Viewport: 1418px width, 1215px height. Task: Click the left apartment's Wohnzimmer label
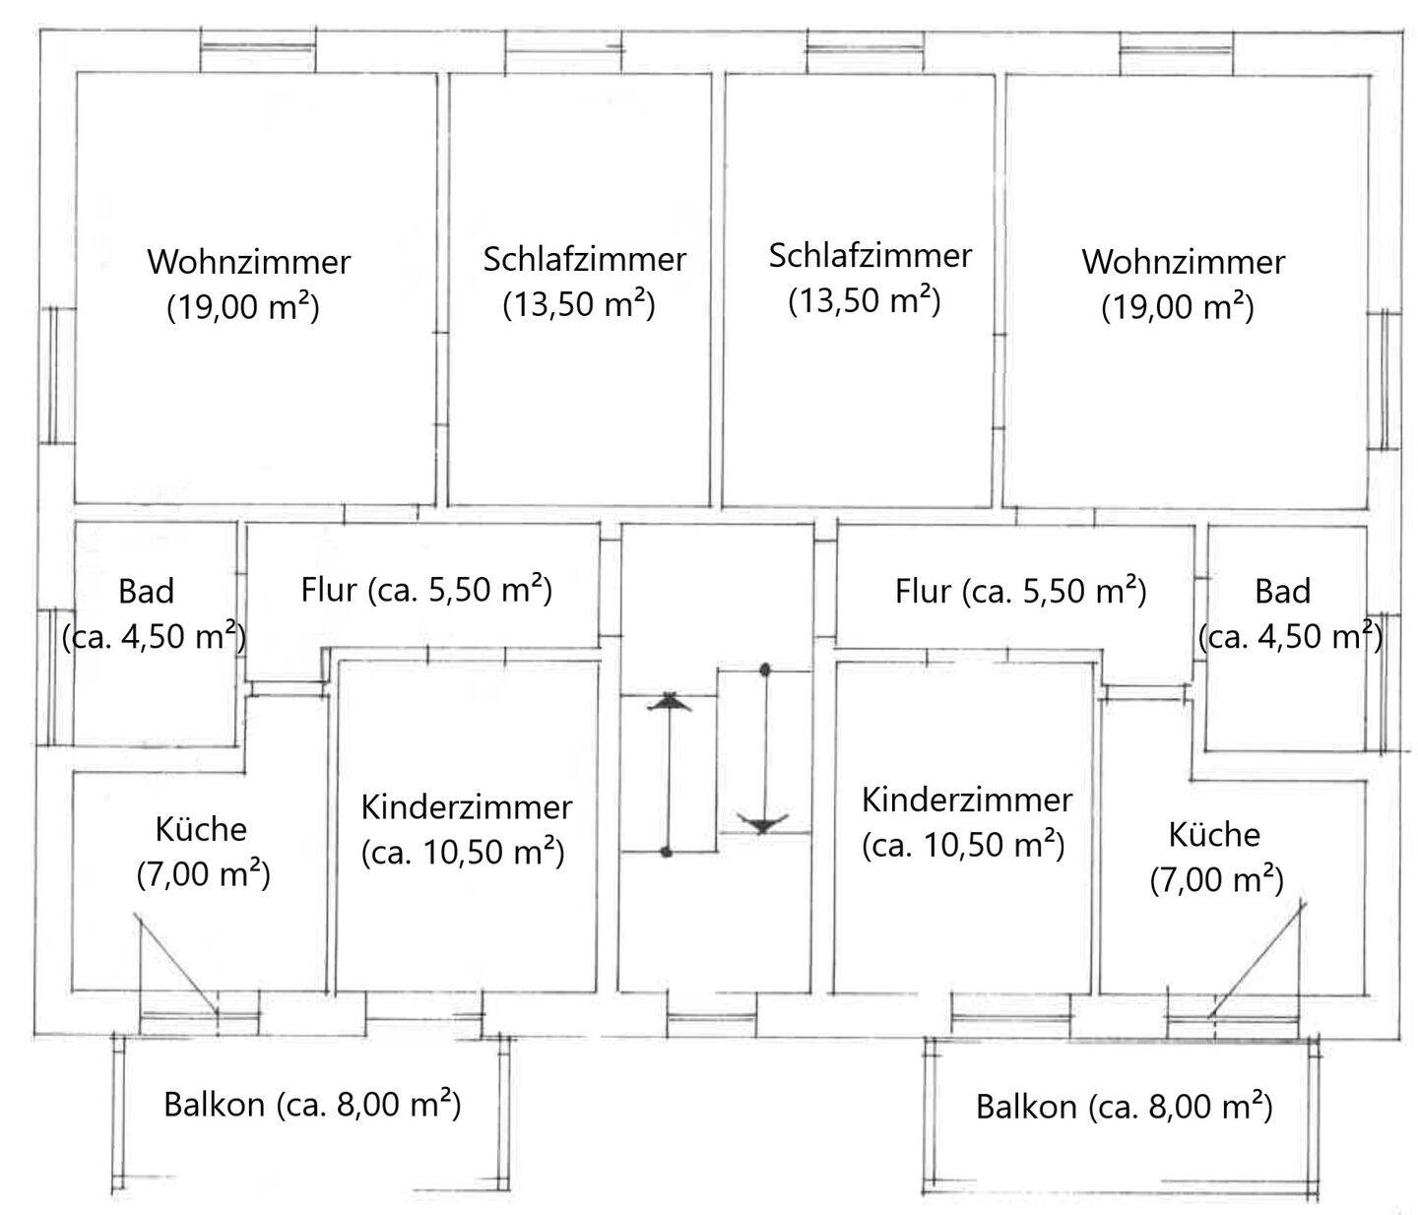coord(248,263)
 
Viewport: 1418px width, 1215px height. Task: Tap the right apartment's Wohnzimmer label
coord(1183,263)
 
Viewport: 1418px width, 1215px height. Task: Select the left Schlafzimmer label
coord(584,259)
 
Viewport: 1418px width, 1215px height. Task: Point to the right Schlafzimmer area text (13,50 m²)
coord(864,299)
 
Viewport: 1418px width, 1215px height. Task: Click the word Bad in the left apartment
coord(146,592)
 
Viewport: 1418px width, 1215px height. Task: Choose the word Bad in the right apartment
coord(1282,592)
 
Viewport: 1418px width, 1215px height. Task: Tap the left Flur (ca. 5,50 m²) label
coord(425,590)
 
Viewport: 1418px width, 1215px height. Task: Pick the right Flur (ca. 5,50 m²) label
coord(1020,591)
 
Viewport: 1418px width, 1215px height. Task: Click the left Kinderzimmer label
coord(466,807)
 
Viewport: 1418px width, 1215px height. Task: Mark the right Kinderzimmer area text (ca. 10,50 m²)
coord(962,845)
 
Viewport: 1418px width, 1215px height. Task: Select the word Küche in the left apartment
coord(201,829)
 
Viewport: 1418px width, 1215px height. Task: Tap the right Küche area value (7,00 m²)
coord(1216,879)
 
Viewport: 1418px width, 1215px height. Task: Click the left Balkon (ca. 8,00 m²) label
coord(312,1104)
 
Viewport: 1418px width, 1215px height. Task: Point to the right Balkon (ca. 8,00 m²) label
coord(1124,1107)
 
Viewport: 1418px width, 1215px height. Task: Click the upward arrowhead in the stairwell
coord(670,702)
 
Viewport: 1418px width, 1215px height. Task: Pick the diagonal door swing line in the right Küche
coord(1257,959)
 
